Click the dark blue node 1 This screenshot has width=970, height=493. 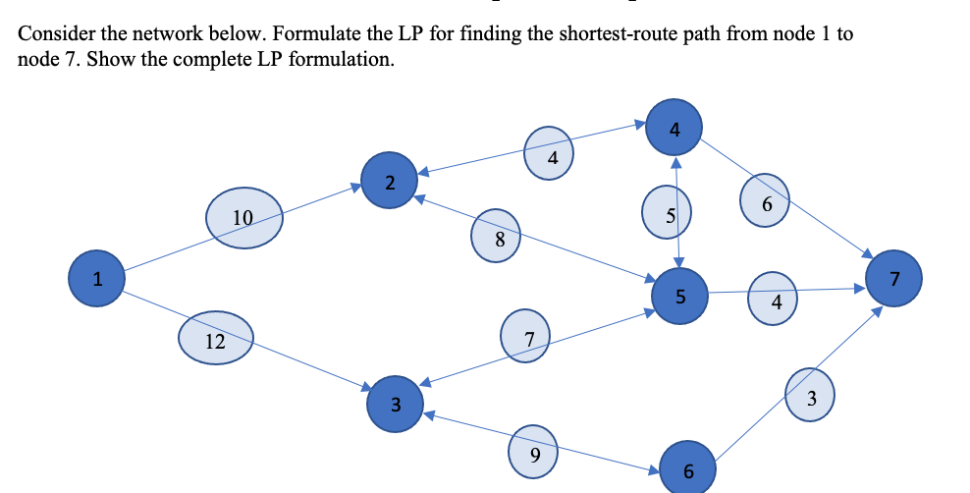[95, 278]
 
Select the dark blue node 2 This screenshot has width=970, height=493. [390, 182]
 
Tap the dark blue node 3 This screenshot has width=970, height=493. [395, 404]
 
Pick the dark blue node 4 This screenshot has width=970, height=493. [674, 128]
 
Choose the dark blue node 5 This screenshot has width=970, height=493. [680, 296]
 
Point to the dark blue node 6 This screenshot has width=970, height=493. [687, 469]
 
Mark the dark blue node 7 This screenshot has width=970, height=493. [893, 278]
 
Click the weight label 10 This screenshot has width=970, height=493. [244, 216]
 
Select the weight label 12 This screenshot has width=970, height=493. [216, 341]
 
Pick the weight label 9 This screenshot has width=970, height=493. [534, 453]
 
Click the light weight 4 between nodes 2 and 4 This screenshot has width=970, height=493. [551, 155]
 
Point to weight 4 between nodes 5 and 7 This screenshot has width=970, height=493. [776, 301]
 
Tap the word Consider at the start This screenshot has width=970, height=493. [55, 34]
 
